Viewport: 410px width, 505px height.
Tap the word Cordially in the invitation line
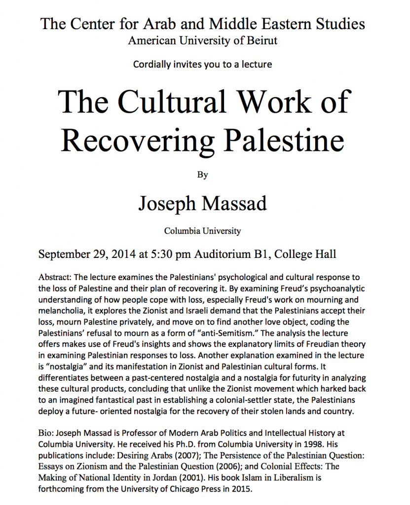151,64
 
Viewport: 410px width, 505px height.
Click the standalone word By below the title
202,174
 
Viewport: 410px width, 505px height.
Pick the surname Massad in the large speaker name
233,203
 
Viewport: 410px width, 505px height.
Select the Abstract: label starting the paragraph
54,278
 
